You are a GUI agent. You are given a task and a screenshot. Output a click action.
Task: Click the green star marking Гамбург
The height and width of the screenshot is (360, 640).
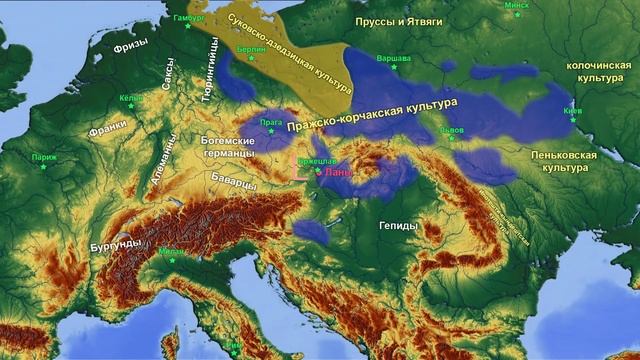click(186, 26)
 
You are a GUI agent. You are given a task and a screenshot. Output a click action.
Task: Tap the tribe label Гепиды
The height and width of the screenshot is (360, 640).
click(399, 227)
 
